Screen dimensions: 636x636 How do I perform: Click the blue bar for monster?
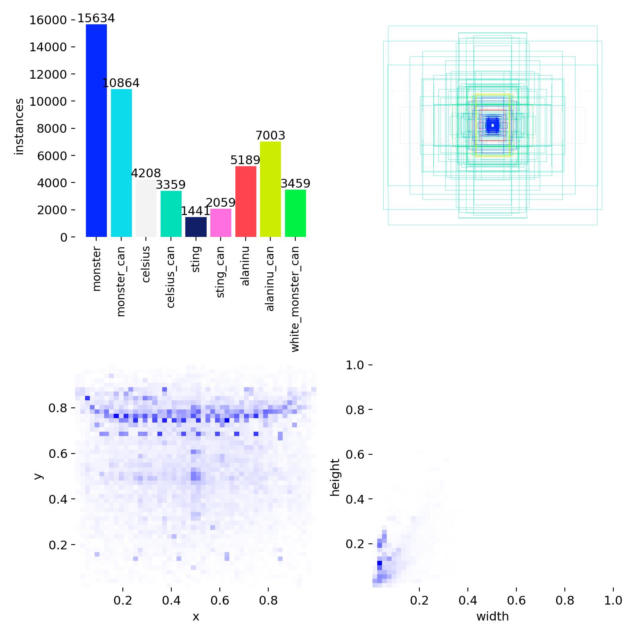[x=96, y=131]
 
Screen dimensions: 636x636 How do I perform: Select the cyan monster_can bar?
[x=121, y=163]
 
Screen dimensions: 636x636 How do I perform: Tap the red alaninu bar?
[x=246, y=202]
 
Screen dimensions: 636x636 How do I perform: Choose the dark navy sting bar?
[x=196, y=227]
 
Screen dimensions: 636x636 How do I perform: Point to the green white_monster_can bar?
[x=295, y=213]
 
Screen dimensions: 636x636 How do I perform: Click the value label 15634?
[x=96, y=19]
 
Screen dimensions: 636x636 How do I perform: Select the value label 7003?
[x=270, y=136]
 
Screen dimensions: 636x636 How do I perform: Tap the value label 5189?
[x=245, y=160]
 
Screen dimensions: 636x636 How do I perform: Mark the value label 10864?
[x=121, y=83]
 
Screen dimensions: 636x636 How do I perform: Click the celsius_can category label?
[x=171, y=277]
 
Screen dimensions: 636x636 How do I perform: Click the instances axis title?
[x=19, y=126]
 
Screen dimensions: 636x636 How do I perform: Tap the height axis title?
[x=335, y=477]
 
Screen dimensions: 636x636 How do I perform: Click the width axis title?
[x=493, y=617]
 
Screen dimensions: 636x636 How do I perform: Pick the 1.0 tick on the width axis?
[x=613, y=600]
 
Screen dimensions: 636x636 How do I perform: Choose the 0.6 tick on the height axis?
[x=355, y=454]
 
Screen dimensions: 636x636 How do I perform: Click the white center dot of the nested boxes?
[x=493, y=126]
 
